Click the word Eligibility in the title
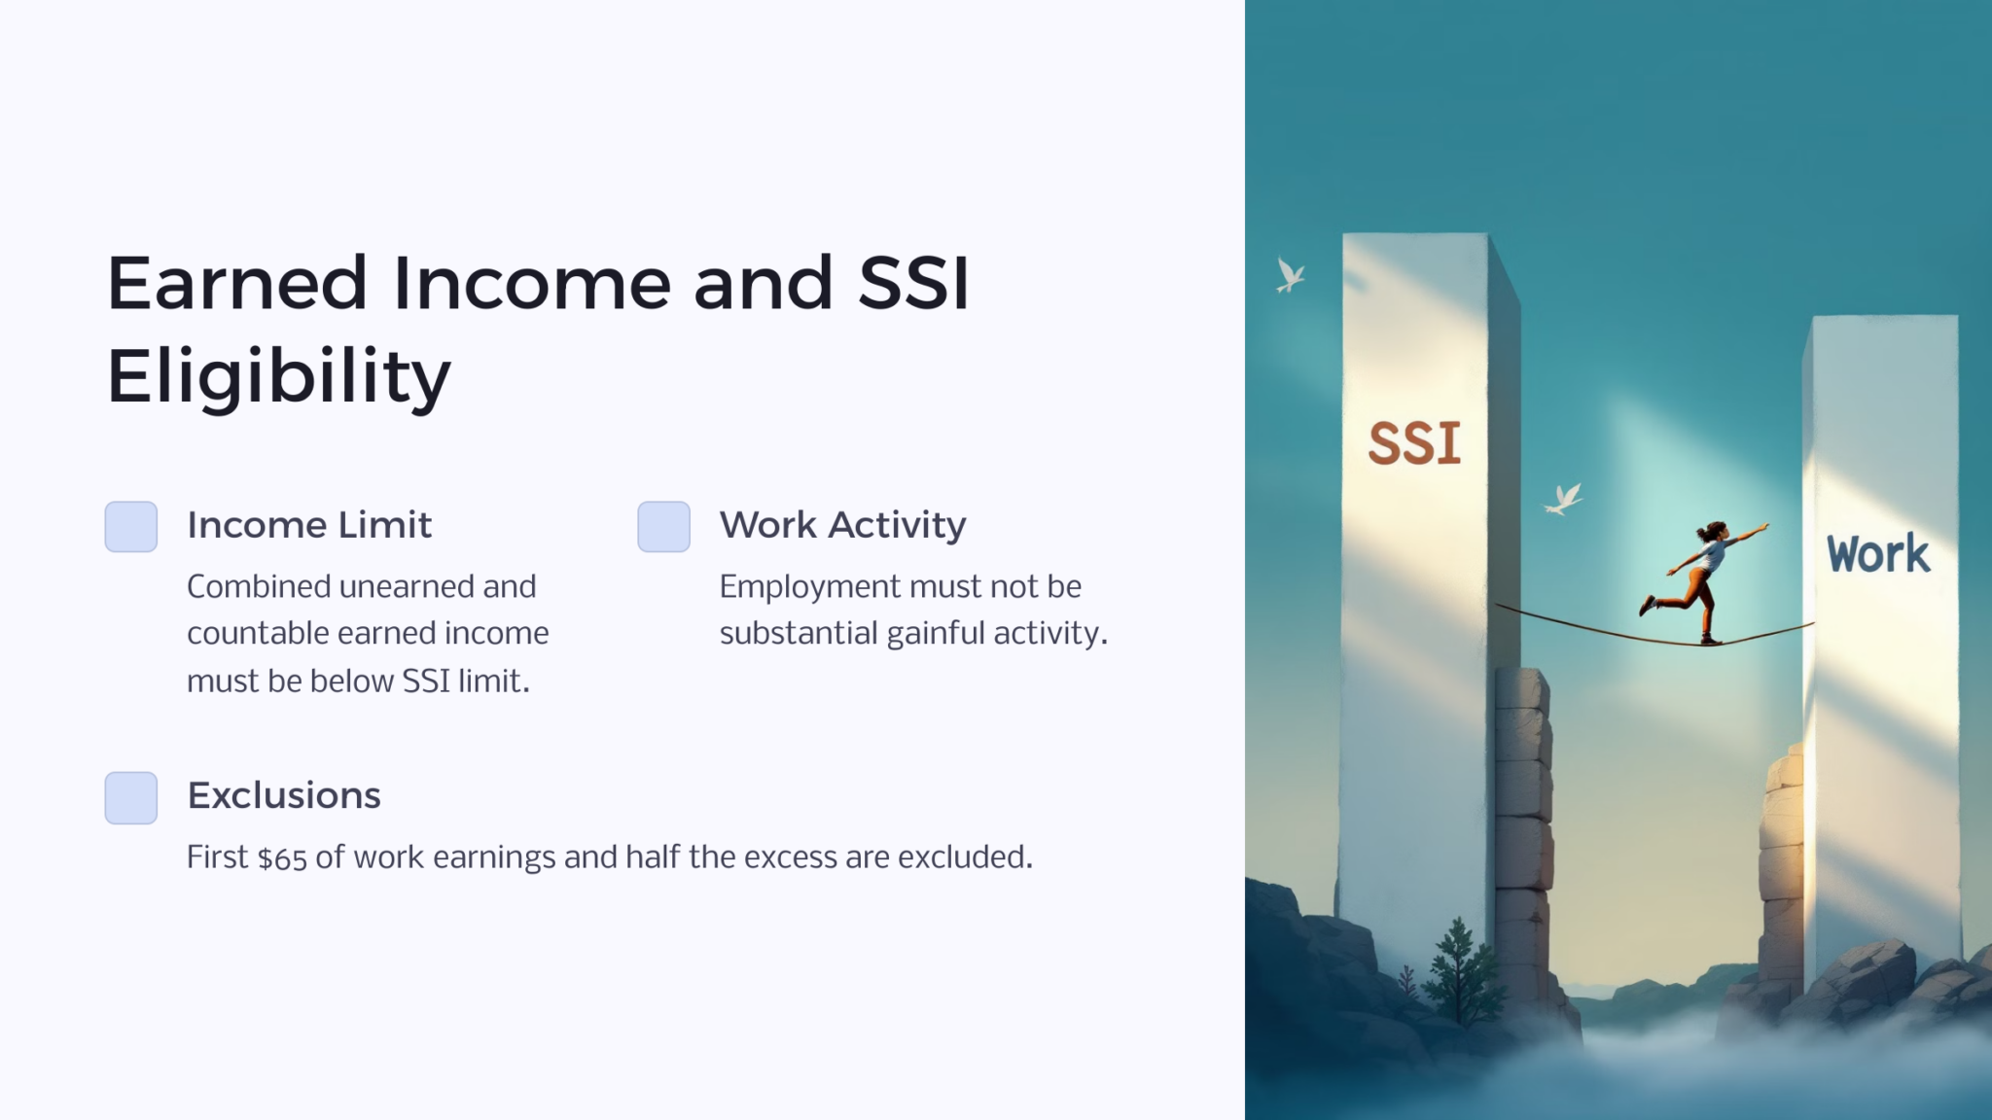(x=278, y=377)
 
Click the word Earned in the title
(x=236, y=284)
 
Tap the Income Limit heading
(x=309, y=525)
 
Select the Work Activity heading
(x=842, y=525)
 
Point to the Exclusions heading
(x=284, y=795)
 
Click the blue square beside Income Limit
(x=131, y=527)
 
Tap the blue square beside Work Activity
(x=663, y=527)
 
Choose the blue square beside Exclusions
(x=131, y=797)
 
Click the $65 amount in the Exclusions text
(x=282, y=858)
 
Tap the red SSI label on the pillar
(x=1414, y=443)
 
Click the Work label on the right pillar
(x=1877, y=554)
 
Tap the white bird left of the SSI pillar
(x=1290, y=276)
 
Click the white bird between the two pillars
(x=1563, y=500)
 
